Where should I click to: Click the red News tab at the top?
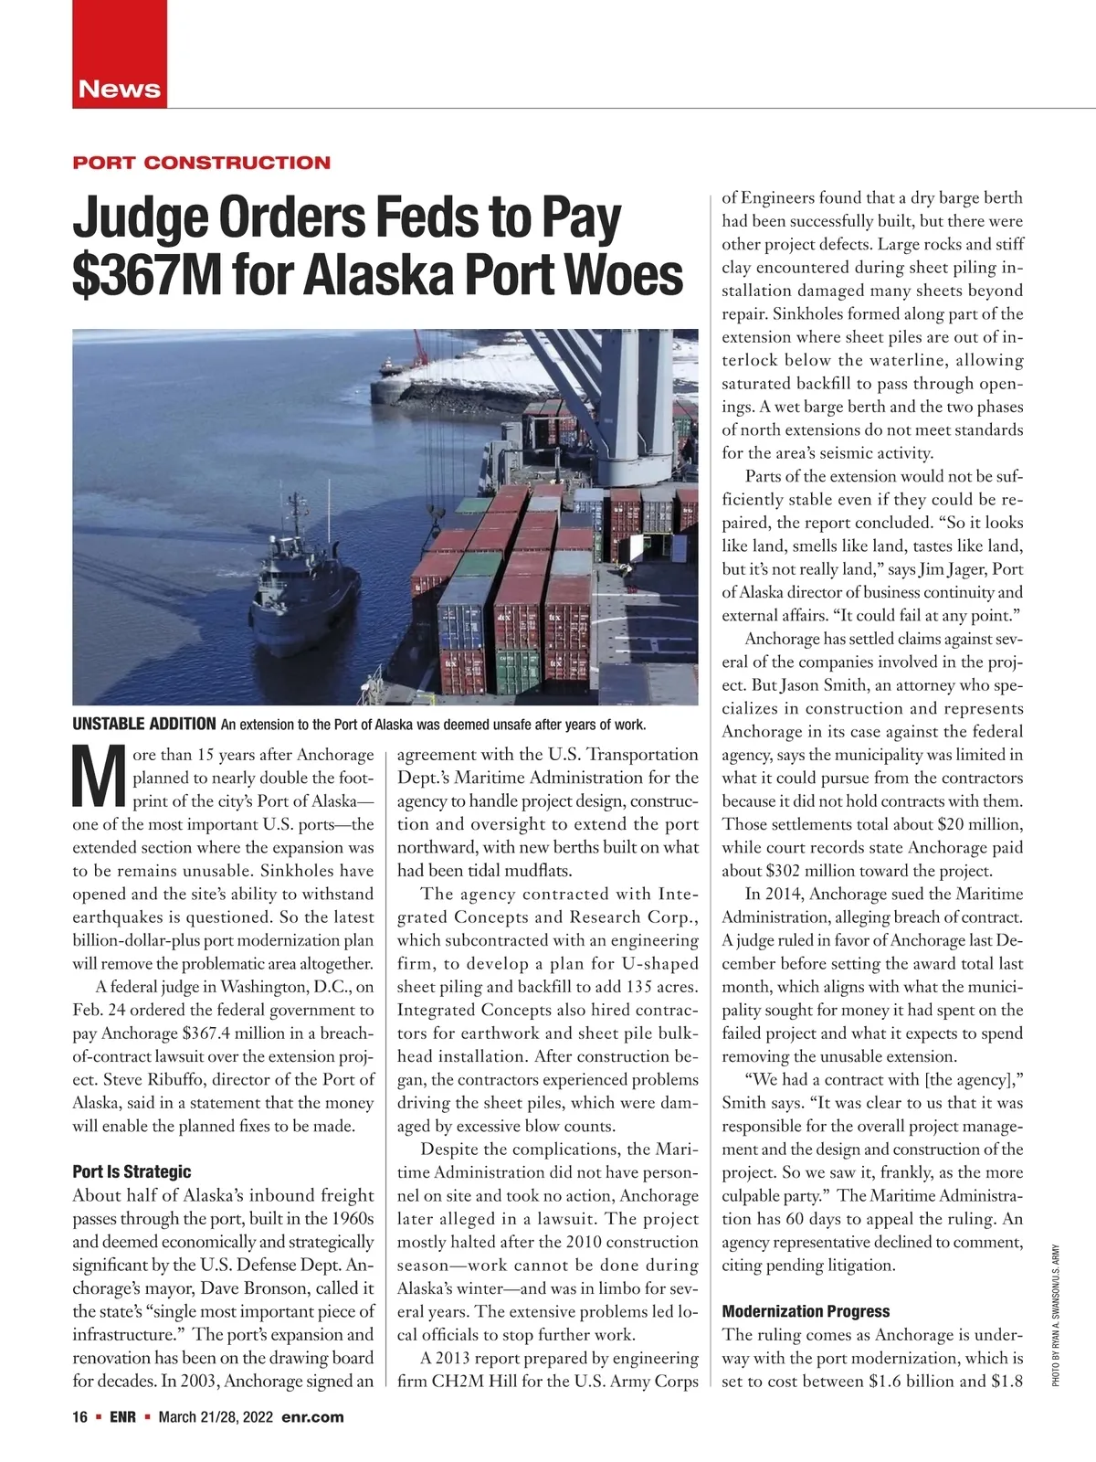tap(120, 89)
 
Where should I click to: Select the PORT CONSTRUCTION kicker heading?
tap(201, 163)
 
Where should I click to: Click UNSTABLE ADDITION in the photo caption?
tap(143, 725)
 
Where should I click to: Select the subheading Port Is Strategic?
tap(132, 1171)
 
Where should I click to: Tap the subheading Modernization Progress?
tap(806, 1311)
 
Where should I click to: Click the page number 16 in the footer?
tap(79, 1417)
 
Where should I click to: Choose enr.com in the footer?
tap(313, 1417)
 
